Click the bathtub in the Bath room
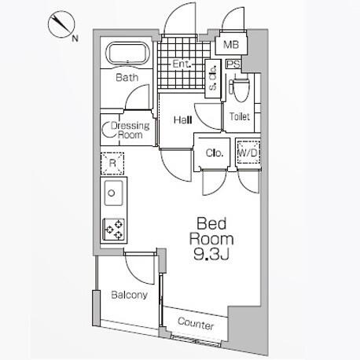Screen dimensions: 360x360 coord(127,54)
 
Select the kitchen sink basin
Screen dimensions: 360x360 coord(113,193)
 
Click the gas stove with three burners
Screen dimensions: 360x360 coord(114,230)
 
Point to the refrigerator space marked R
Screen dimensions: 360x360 coord(112,163)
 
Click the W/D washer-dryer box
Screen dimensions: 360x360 coord(248,152)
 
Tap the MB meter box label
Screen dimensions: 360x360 coord(231,45)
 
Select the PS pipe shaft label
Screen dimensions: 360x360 coord(233,64)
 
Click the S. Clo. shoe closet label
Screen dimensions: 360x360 coord(213,78)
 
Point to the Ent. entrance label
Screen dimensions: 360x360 coord(182,64)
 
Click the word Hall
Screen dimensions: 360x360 coord(183,120)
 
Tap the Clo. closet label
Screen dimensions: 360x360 coord(215,152)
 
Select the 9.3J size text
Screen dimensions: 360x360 coord(211,254)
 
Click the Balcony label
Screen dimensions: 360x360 coord(129,295)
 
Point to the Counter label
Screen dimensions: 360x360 coord(196,324)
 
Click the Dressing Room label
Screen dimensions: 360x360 coord(130,130)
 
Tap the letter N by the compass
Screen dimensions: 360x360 coord(75,39)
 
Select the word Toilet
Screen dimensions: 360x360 coord(240,116)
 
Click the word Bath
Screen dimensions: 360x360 coord(127,78)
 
